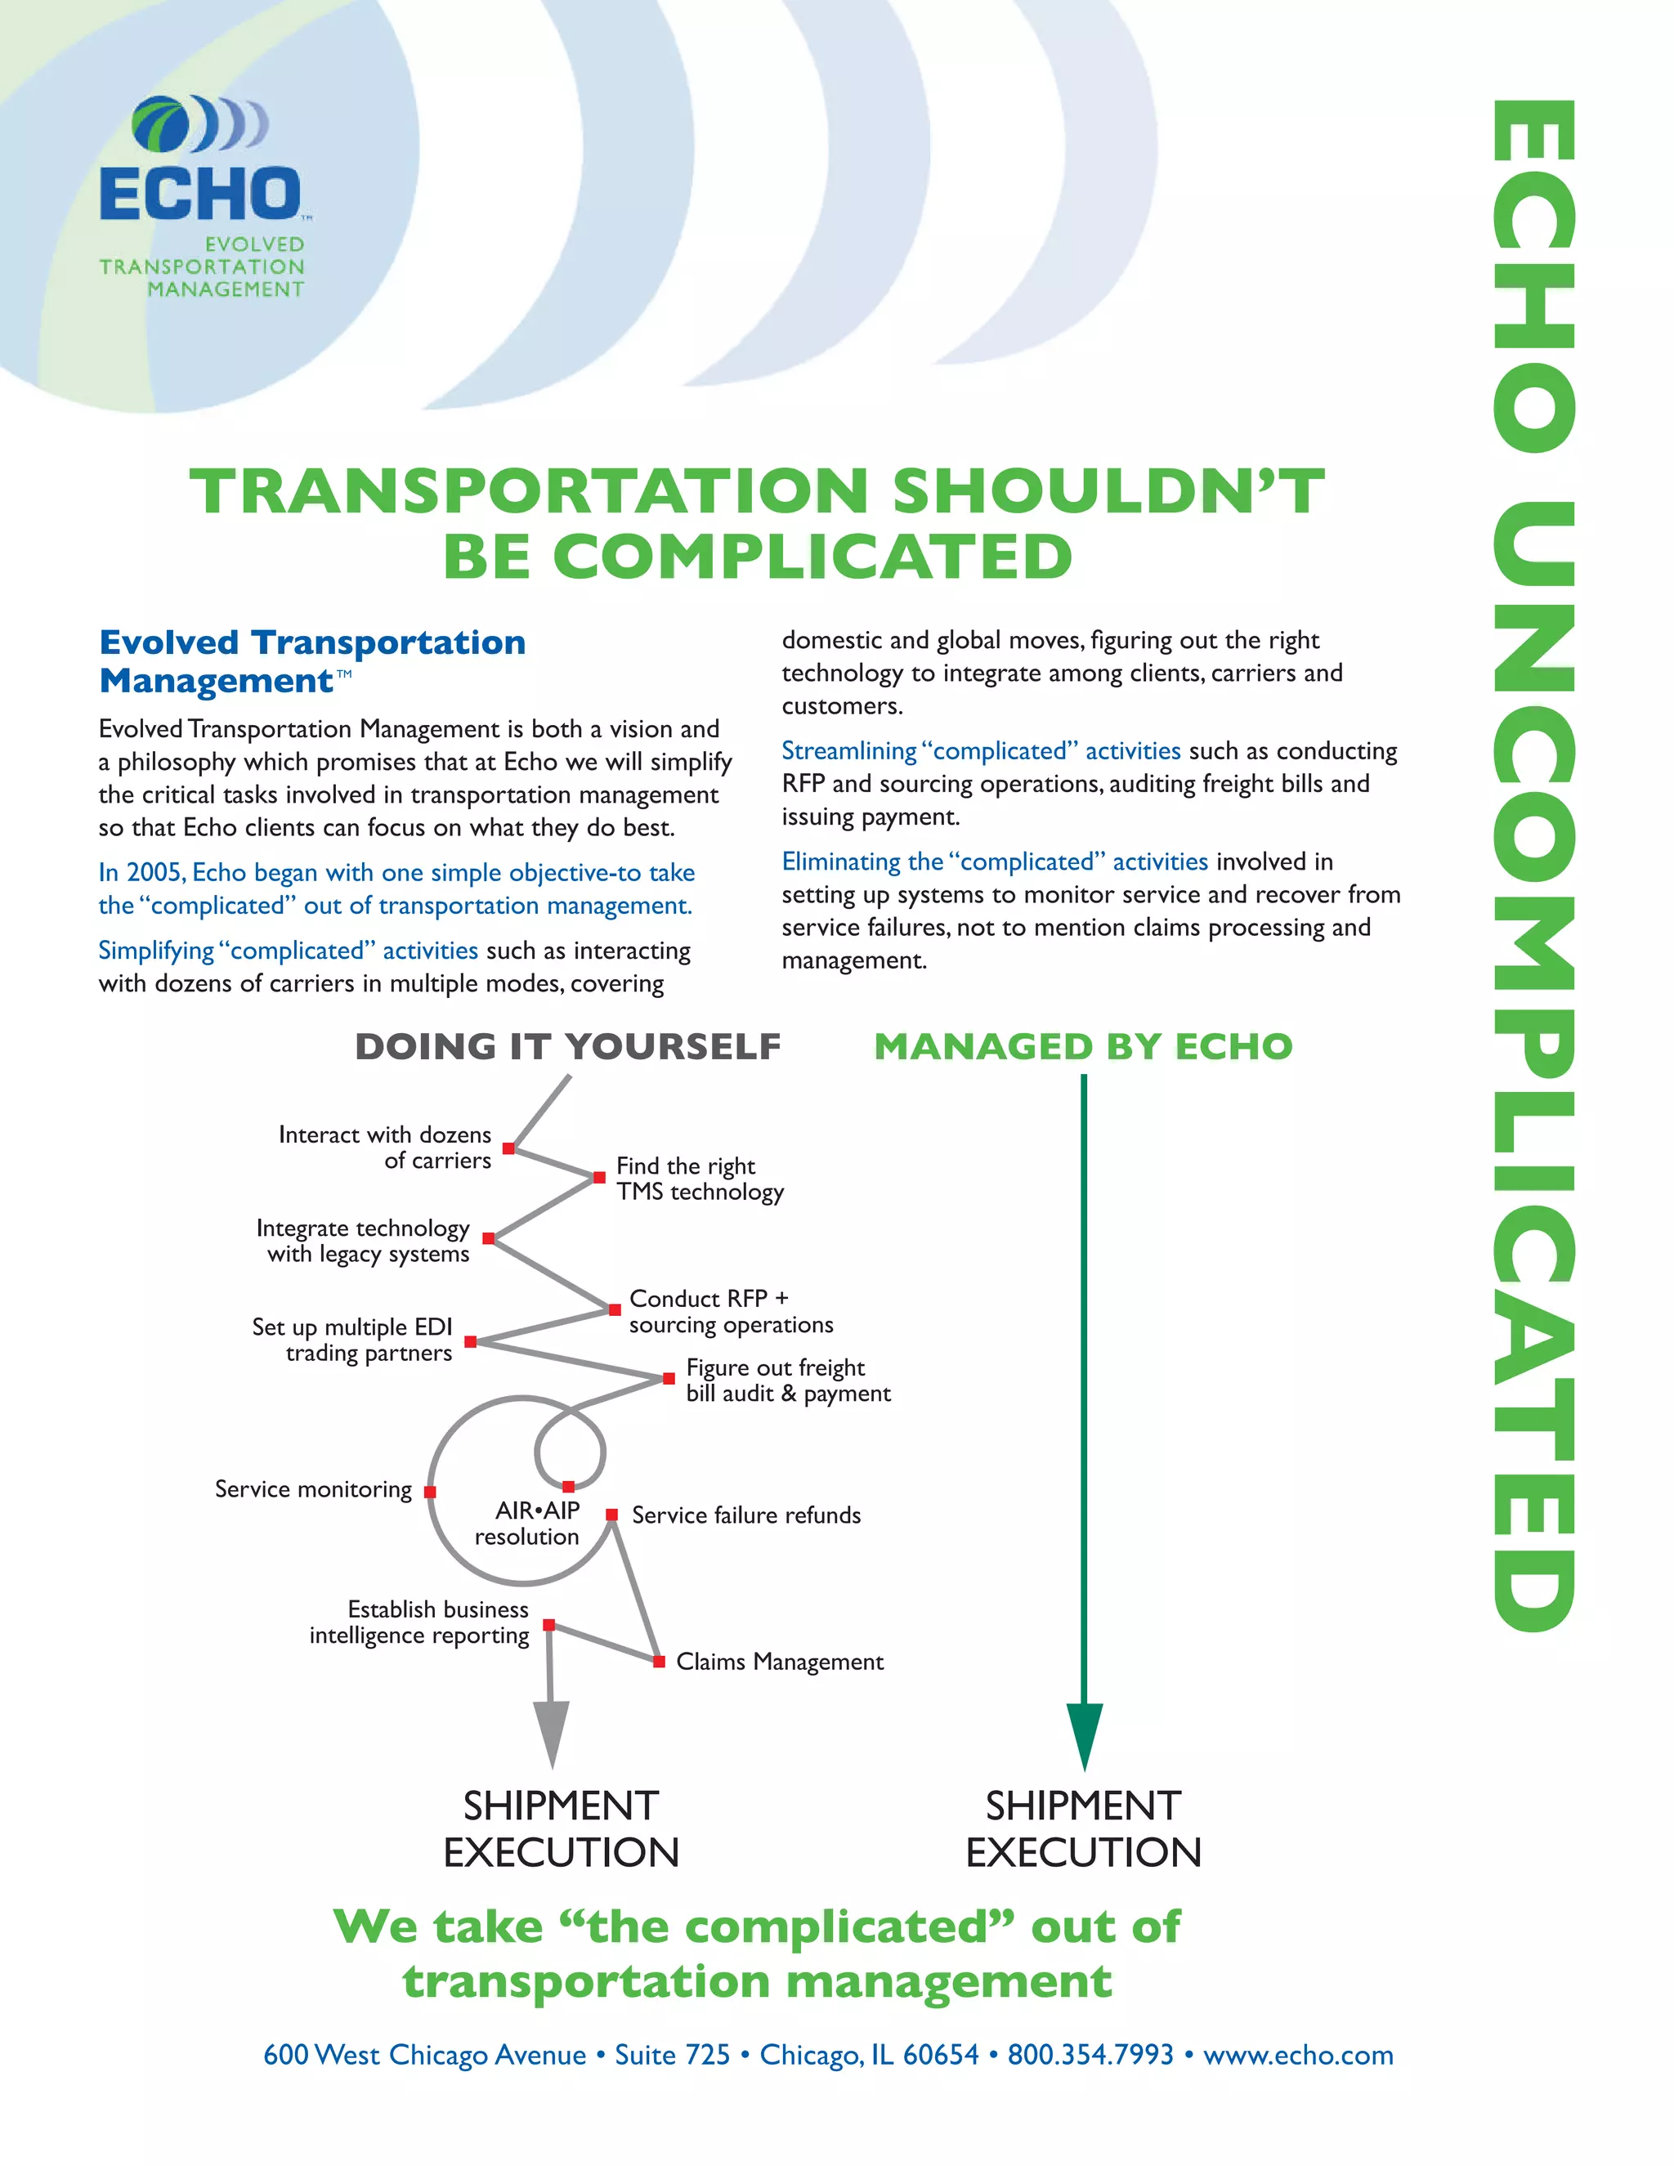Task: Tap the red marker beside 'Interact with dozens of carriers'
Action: click(508, 1148)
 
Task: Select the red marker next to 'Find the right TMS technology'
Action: click(599, 1177)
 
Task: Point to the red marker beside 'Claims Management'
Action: click(659, 1661)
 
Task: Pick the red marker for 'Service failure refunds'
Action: click(612, 1515)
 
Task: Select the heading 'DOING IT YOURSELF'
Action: click(567, 1046)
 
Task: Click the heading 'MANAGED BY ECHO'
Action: click(1083, 1046)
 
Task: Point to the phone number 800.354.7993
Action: click(1090, 2054)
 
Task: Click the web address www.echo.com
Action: click(1298, 2054)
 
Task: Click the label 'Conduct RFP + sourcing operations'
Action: click(731, 1311)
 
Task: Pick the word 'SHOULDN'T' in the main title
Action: click(1108, 491)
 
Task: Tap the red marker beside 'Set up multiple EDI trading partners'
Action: click(471, 1342)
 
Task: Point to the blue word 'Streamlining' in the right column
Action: click(849, 751)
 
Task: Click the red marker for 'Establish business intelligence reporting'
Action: click(548, 1625)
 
